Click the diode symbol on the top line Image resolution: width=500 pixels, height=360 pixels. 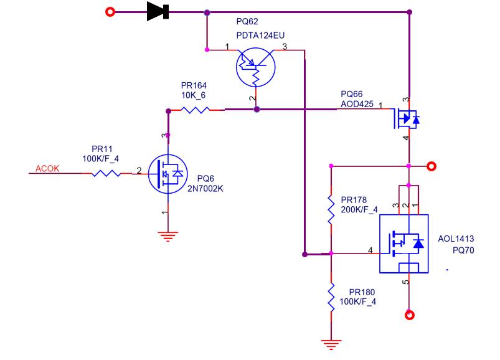click(x=158, y=11)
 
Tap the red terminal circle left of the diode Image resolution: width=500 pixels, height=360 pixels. click(x=110, y=12)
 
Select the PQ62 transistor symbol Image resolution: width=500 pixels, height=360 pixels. click(x=255, y=67)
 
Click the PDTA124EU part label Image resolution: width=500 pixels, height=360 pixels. click(x=260, y=35)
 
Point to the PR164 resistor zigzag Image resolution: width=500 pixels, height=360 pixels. click(x=195, y=110)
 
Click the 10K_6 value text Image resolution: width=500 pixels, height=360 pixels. click(x=193, y=95)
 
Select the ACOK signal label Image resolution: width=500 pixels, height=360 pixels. click(x=47, y=168)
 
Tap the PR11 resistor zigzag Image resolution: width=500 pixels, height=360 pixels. click(x=106, y=174)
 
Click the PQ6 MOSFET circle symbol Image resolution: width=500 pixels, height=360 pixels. click(x=167, y=174)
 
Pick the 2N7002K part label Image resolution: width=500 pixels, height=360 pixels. click(x=205, y=189)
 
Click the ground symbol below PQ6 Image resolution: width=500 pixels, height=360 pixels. click(x=168, y=236)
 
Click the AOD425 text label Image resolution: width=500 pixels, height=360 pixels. click(x=357, y=104)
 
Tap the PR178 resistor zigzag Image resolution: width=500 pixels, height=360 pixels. click(x=331, y=209)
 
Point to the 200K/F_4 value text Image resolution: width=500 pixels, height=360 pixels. click(x=359, y=209)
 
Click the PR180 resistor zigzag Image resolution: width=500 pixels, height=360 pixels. click(x=331, y=296)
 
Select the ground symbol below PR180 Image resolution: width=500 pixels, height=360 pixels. click(x=331, y=344)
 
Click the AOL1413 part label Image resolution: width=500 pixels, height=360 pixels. click(x=456, y=239)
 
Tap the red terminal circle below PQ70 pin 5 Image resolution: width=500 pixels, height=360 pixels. click(x=410, y=315)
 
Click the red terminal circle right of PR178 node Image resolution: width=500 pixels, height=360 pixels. click(x=432, y=166)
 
